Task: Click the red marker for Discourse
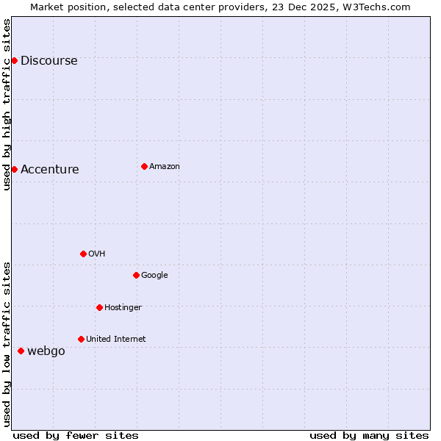point(14,60)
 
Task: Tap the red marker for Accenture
point(14,169)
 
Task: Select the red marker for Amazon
point(144,166)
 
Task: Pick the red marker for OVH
point(83,254)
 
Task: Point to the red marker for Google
point(136,275)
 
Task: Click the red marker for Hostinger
point(99,307)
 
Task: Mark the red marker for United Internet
point(81,339)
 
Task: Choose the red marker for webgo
point(21,351)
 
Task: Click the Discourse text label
point(49,61)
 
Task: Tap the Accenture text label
point(49,170)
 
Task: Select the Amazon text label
point(164,167)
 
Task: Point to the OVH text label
point(96,254)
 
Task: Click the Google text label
point(154,276)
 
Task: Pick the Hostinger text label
point(123,308)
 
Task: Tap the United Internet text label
point(115,340)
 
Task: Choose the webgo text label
point(46,351)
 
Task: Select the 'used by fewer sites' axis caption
point(76,435)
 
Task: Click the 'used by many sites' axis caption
point(369,435)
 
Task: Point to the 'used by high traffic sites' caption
point(7,104)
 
